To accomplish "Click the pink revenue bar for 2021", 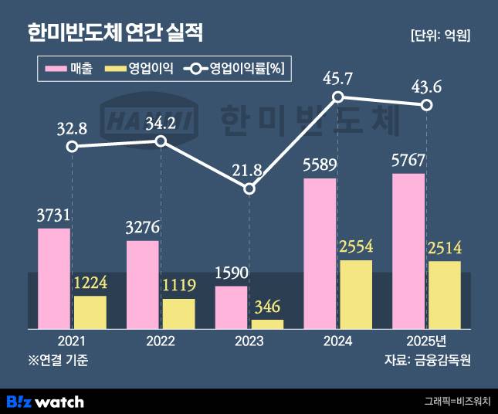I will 54,279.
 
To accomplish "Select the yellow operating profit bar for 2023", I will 267,324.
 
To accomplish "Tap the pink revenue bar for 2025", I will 408,252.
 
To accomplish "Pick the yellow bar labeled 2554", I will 356,294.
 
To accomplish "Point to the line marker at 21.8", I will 249,188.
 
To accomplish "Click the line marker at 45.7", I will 338,97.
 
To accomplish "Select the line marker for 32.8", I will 72,147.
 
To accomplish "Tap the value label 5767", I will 409,163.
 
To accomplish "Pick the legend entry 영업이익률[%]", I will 235,70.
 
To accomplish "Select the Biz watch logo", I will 45,401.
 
